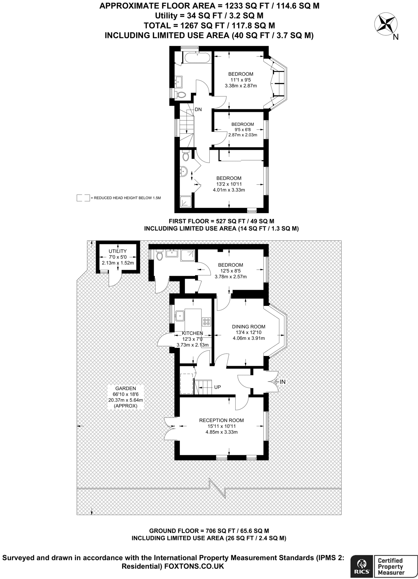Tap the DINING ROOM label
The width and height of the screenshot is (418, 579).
249,327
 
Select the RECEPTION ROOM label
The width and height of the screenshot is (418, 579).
222,420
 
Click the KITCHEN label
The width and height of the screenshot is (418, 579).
192,333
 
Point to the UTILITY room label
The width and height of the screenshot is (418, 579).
118,251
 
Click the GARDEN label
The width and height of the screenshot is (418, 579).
125,388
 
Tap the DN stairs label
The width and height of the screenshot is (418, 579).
198,109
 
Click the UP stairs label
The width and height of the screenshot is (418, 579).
217,387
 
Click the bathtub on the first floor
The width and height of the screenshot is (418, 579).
197,58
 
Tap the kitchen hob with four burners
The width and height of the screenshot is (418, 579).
206,321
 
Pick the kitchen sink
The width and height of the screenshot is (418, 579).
179,315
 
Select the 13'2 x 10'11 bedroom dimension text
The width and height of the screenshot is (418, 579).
229,184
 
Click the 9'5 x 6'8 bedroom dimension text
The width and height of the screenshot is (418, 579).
242,130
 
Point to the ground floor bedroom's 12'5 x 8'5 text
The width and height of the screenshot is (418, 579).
231,271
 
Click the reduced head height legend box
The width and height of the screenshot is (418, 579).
83,198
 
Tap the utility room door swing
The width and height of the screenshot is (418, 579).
114,279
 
